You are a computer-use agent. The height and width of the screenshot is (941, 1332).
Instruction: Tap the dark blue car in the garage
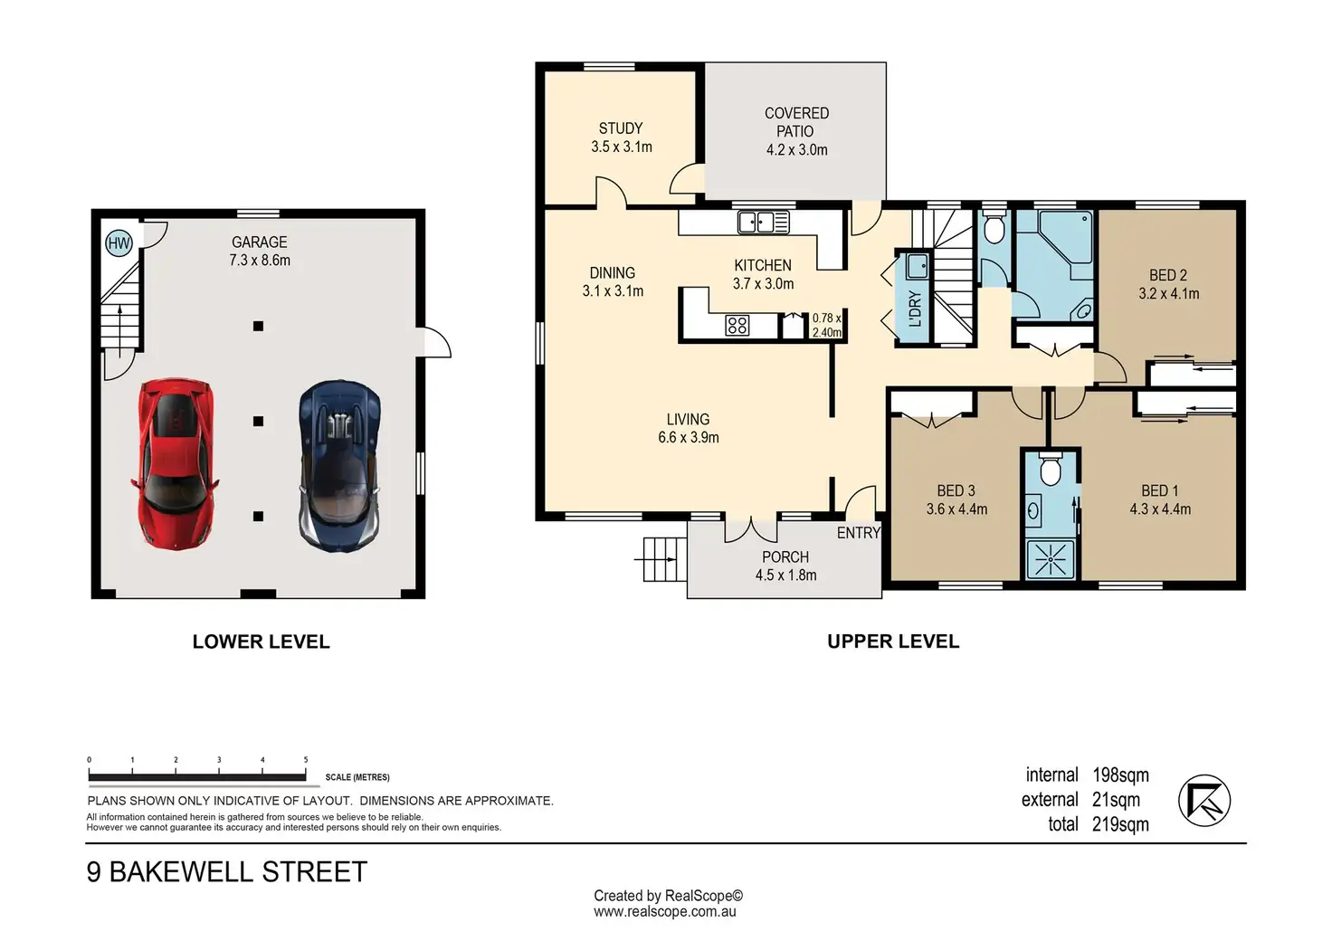(339, 465)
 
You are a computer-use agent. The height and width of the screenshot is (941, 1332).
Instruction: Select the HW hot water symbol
(119, 242)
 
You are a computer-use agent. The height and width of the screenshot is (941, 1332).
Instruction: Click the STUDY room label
(621, 128)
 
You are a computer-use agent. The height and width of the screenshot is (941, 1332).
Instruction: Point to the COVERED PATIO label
(796, 122)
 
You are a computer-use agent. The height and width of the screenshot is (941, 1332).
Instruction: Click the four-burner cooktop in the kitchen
(737, 326)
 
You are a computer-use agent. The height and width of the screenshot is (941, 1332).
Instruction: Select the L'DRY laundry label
(915, 309)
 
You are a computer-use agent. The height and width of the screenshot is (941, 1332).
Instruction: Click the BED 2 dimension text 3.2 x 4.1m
(1168, 294)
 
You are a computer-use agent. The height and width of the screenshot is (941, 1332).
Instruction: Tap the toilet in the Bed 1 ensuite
(1051, 471)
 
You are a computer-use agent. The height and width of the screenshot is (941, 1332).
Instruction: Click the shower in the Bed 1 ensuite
(1050, 560)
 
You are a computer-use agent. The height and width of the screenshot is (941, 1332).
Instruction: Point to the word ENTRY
(858, 533)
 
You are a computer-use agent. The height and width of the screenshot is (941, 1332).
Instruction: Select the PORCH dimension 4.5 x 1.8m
(785, 575)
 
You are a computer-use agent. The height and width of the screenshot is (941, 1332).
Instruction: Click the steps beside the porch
(660, 560)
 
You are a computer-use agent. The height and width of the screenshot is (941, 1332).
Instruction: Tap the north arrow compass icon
(1204, 801)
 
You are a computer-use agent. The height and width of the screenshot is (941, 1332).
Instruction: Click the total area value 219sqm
(1120, 824)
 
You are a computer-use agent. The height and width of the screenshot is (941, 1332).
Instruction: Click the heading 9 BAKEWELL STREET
(227, 872)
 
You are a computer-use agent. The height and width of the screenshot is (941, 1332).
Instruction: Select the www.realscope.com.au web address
(665, 912)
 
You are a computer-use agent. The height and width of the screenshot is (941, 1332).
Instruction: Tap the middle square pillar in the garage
(258, 421)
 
